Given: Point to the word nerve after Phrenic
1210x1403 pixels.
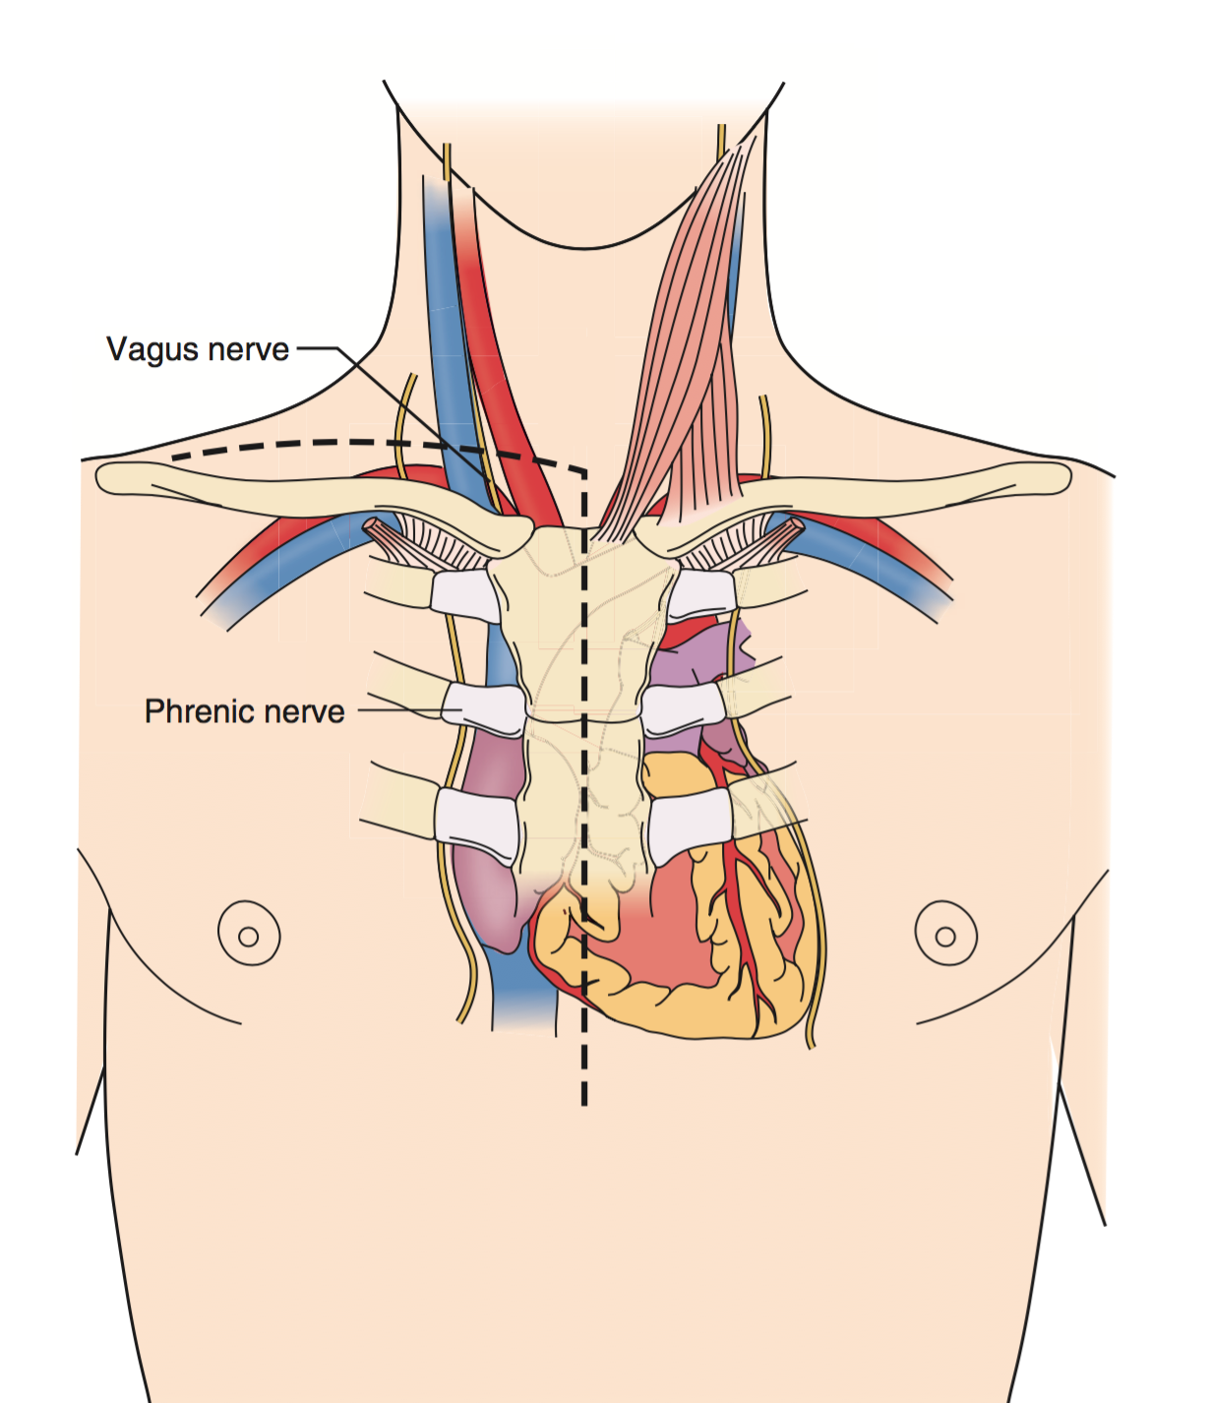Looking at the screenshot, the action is pos(304,711).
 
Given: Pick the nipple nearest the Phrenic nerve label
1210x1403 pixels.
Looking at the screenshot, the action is pos(248,935).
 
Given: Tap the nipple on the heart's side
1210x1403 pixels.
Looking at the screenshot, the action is pos(945,935).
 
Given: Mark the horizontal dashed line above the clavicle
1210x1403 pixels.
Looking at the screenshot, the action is pos(344,444).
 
